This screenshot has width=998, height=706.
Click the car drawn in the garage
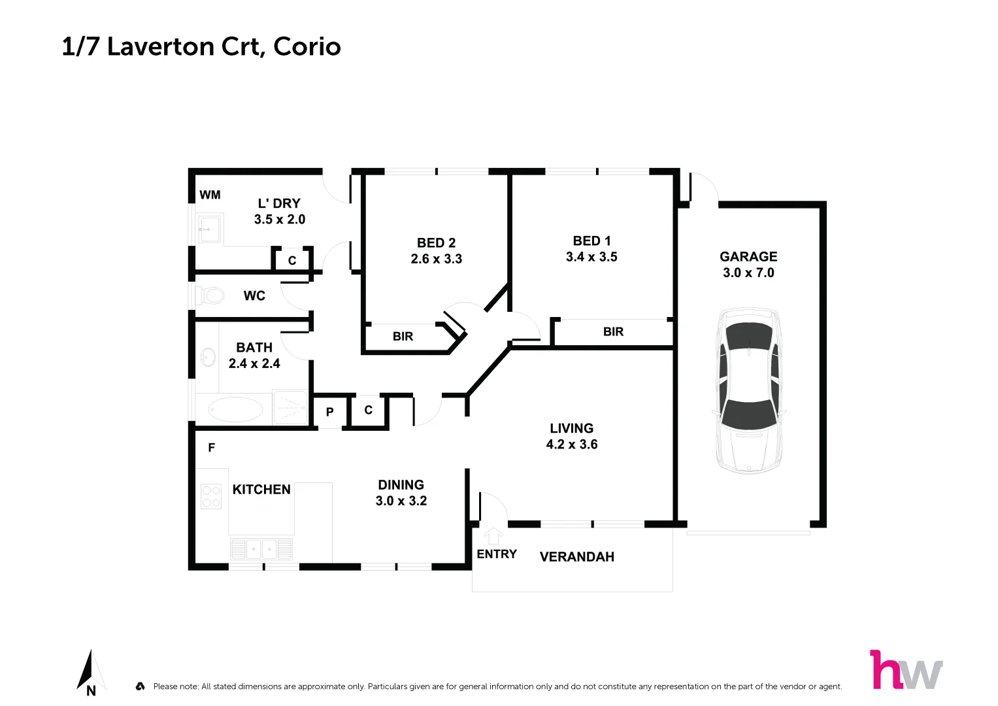point(749,390)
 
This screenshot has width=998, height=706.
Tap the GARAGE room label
point(748,257)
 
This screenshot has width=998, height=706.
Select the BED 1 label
point(591,241)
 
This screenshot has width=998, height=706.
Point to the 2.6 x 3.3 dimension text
point(436,259)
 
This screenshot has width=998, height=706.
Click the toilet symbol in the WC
point(210,295)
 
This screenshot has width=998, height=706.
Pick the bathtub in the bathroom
point(235,410)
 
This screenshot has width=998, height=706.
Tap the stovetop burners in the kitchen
point(211,496)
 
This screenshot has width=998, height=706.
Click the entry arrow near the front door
point(493,535)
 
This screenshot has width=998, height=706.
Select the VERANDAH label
point(576,557)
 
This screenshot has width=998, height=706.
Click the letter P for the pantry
point(329,412)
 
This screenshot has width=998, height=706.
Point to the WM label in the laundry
point(210,195)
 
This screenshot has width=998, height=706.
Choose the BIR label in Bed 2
point(403,337)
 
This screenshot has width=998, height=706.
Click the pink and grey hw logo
point(906,669)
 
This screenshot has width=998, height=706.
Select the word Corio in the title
point(307,46)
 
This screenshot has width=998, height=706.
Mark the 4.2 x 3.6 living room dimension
point(571,445)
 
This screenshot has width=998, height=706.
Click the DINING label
point(401,485)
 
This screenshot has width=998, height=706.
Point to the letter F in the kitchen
point(211,448)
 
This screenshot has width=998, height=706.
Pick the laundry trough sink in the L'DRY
point(210,228)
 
